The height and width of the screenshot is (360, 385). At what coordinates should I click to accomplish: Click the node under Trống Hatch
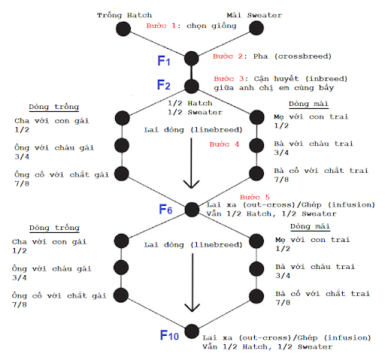123,29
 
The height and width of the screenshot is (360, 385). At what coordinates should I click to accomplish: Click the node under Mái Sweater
256,28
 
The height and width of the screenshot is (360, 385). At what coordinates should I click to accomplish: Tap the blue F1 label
164,61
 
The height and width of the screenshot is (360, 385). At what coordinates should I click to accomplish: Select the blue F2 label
164,85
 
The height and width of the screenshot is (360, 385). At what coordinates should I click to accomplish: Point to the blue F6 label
165,209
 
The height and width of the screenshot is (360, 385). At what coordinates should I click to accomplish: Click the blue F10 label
169,335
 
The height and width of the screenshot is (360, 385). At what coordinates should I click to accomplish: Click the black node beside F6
192,210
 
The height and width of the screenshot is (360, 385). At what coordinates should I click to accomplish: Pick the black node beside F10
192,331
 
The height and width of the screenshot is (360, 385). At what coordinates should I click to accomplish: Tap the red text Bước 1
161,26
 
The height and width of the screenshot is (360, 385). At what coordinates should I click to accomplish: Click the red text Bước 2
228,56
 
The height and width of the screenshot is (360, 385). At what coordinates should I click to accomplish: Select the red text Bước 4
224,144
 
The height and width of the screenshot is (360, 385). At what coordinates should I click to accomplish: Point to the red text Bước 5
254,197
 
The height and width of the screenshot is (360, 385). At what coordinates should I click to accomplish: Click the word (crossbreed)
303,56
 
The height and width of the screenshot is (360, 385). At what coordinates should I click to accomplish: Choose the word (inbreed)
326,79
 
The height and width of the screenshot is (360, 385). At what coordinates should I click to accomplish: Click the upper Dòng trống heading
54,107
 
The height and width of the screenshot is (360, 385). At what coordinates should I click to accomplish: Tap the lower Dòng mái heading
310,226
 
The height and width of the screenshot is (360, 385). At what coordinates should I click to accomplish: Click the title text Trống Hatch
124,15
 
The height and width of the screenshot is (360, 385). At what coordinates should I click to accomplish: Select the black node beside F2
192,86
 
